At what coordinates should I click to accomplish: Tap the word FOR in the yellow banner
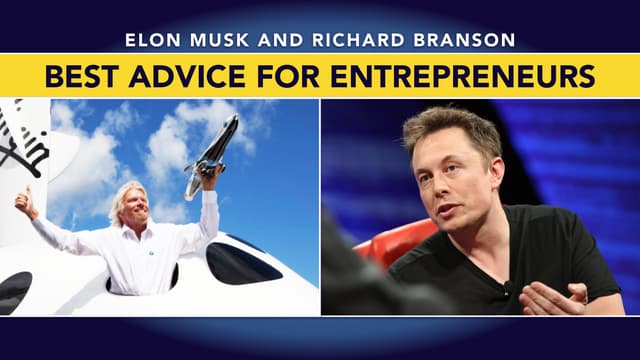(295, 75)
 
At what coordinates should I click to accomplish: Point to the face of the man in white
(135, 207)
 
